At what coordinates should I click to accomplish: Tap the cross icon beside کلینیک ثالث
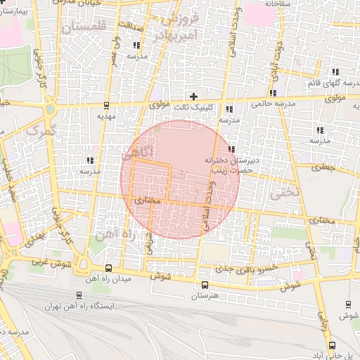[x=194, y=96]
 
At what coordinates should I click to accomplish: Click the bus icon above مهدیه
[x=106, y=105]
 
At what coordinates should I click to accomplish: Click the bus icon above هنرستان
[x=205, y=285]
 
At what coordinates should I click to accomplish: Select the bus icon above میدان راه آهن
[x=108, y=269]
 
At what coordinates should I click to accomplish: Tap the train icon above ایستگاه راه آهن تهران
[x=78, y=296]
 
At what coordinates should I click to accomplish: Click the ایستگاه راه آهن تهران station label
[x=79, y=307]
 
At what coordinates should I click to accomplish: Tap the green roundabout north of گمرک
[x=49, y=110]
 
